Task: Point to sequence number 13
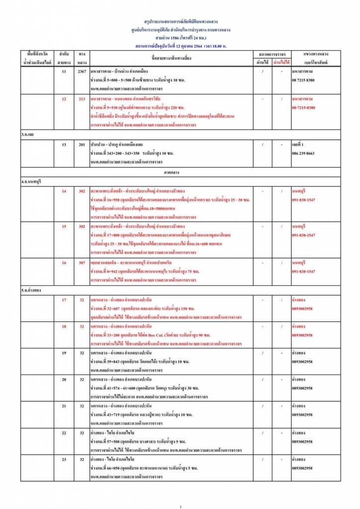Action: tap(64, 145)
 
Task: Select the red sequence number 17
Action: tap(64, 300)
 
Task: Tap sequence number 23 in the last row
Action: tap(64, 459)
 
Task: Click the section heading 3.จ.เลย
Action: tap(27, 135)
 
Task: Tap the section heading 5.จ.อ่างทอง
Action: tap(31, 290)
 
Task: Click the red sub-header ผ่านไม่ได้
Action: tap(281, 63)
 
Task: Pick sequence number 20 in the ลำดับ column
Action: tap(64, 380)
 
